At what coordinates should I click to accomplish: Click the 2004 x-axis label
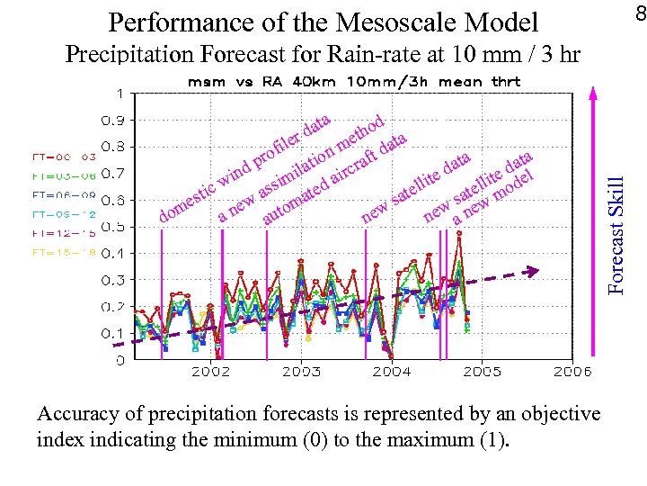[x=392, y=370]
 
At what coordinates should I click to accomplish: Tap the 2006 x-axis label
[x=572, y=370]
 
